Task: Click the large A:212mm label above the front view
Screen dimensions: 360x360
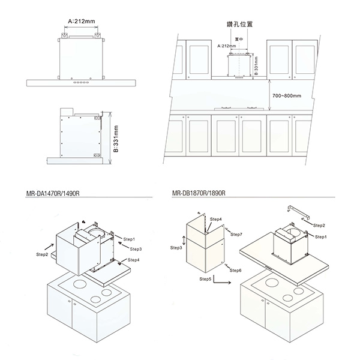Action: click(x=82, y=21)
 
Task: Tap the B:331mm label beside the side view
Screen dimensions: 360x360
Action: click(x=116, y=139)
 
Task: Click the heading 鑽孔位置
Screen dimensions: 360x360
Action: click(x=241, y=26)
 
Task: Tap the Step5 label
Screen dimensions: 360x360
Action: click(x=205, y=279)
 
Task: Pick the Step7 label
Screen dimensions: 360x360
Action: click(x=236, y=234)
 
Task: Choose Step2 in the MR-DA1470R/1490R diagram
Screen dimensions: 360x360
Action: click(x=42, y=254)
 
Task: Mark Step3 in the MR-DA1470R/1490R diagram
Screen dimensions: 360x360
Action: click(x=135, y=248)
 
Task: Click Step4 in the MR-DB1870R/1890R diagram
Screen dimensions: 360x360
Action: click(x=217, y=219)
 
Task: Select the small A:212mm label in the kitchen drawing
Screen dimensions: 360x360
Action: click(x=225, y=46)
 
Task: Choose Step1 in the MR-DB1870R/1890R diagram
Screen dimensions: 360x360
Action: click(x=321, y=238)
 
